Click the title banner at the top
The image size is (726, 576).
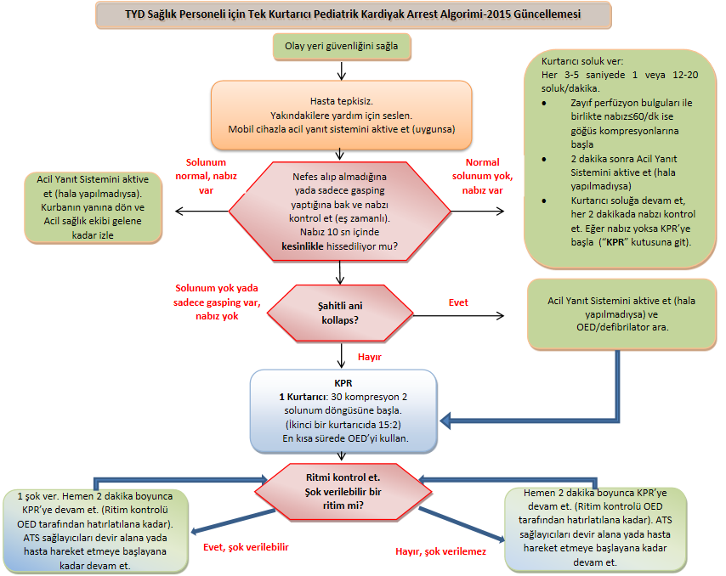point(353,14)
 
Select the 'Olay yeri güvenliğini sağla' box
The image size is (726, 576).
point(341,46)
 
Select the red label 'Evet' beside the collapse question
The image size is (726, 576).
point(458,302)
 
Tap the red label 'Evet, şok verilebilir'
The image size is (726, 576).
point(247,547)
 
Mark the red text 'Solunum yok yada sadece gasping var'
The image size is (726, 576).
point(216,302)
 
